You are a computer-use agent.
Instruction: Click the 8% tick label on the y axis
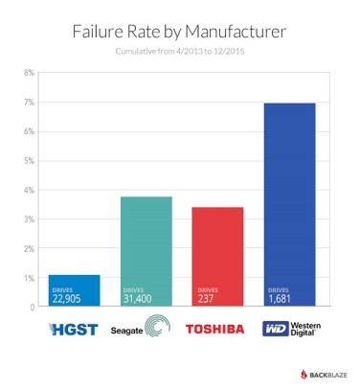(x=29, y=72)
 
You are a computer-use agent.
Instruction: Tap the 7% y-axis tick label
(x=29, y=102)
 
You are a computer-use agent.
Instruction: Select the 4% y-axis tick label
(x=29, y=190)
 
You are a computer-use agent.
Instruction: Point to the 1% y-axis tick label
(x=29, y=278)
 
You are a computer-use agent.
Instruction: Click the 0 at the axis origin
(x=32, y=307)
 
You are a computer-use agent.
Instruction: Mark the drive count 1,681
(x=280, y=298)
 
